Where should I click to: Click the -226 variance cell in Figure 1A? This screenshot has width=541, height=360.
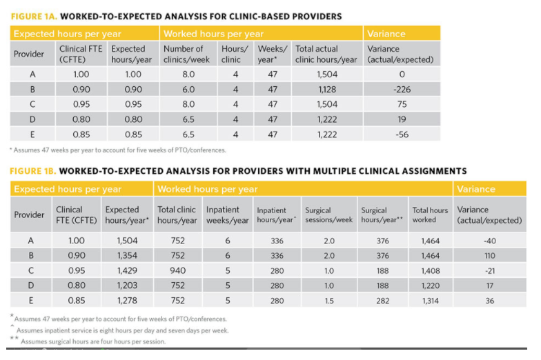coord(402,90)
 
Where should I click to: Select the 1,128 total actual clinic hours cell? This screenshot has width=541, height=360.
coord(327,90)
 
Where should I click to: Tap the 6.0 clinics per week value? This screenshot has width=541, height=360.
coord(188,90)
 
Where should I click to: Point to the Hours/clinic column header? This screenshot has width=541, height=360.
coord(235,54)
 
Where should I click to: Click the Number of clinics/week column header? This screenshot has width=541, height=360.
coord(186,54)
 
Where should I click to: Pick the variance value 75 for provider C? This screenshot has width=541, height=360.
coord(402,105)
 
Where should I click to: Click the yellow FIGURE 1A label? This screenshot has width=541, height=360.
coord(34,17)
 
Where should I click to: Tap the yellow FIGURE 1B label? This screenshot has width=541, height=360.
coord(33,171)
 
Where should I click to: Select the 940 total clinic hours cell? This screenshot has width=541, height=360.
coord(178,270)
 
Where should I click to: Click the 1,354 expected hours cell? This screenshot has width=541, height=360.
coord(127,255)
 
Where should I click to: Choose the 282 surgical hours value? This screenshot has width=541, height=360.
coord(382,301)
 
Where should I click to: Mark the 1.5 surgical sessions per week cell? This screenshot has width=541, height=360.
coord(329,301)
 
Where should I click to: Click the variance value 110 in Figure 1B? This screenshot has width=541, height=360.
coord(490,255)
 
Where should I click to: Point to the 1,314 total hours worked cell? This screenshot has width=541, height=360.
coord(431,301)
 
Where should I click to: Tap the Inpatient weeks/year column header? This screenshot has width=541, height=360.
coord(228,215)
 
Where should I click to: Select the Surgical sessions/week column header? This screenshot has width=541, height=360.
coord(328,215)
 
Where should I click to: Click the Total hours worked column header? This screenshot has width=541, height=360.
coord(431,215)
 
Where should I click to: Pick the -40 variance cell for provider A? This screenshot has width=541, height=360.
coord(490,241)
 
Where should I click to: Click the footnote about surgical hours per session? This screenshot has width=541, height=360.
coord(88,341)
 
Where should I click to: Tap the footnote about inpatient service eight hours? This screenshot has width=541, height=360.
coord(120,330)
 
